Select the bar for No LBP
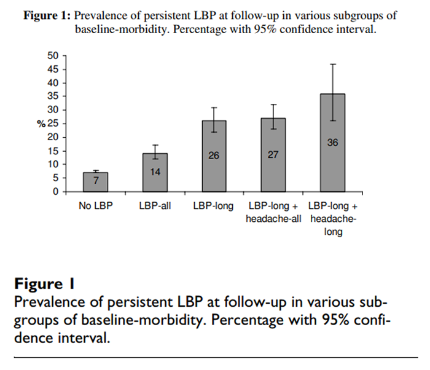click(x=95, y=182)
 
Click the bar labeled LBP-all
click(x=155, y=173)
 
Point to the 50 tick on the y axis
click(x=53, y=56)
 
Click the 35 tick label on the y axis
click(x=53, y=96)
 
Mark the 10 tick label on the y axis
click(x=53, y=164)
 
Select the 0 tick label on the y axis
click(x=55, y=192)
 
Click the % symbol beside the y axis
click(x=41, y=124)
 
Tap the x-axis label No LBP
click(x=95, y=207)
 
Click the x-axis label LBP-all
click(x=155, y=207)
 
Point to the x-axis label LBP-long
click(x=214, y=207)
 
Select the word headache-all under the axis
click(x=273, y=219)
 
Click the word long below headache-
click(x=333, y=233)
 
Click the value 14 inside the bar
click(x=155, y=173)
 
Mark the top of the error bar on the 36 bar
click(x=333, y=64)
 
